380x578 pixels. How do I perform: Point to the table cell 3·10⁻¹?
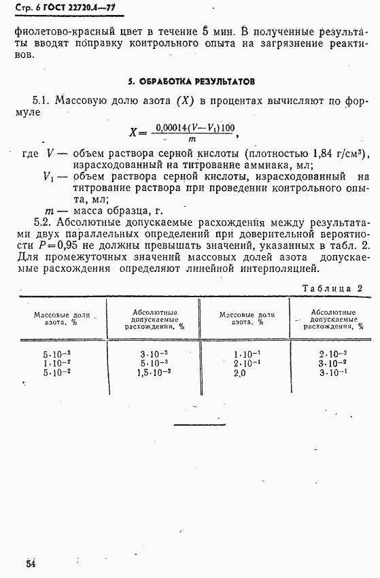click(332, 373)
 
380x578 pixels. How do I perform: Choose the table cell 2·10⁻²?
click(332, 354)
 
